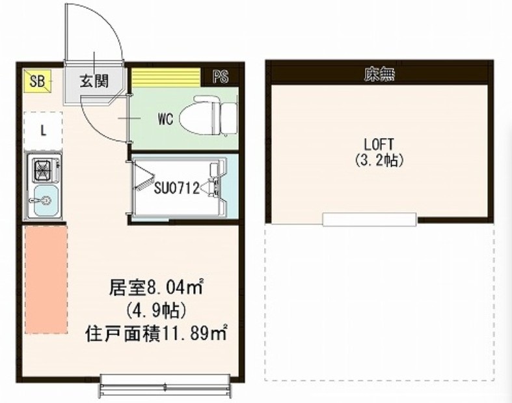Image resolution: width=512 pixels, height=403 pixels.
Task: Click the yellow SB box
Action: point(36,81)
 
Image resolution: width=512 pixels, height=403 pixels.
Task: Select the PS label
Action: point(221,77)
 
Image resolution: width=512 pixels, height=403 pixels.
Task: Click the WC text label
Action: point(165,120)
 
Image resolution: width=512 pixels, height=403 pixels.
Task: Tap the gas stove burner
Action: point(44,171)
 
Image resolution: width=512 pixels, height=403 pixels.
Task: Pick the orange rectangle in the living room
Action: point(46,279)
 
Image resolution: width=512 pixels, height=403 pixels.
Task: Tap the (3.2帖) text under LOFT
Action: point(380,160)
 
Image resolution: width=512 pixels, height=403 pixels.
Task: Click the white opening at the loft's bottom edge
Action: point(369,219)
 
